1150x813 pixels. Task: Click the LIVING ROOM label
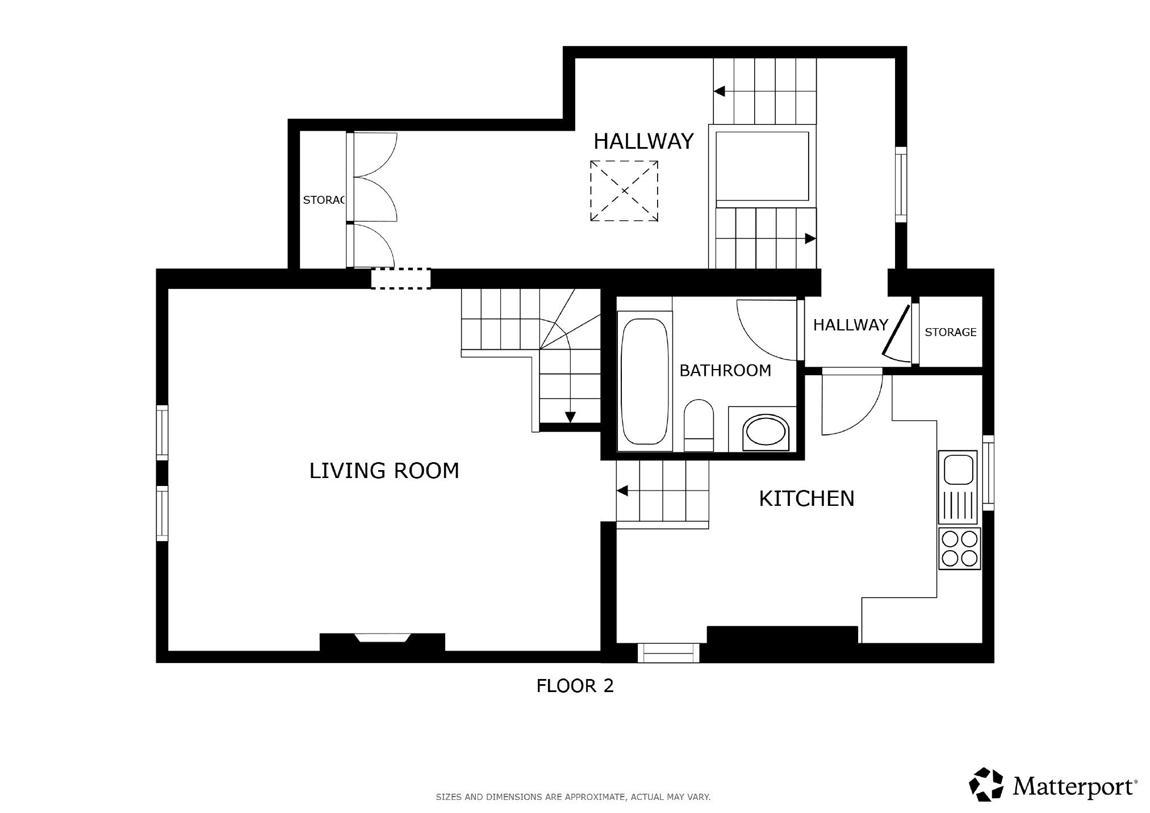click(384, 471)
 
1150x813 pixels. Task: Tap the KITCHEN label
click(806, 498)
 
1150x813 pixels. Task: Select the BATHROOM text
click(725, 371)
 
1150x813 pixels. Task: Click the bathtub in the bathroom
click(644, 382)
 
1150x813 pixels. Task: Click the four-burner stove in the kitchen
click(959, 549)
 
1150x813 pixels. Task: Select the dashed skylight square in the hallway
click(624, 191)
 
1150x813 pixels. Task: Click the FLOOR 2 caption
click(575, 686)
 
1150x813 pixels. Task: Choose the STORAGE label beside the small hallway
click(950, 332)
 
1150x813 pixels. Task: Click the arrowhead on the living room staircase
click(570, 417)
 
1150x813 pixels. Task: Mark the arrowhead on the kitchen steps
click(622, 491)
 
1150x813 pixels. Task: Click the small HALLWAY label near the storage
click(850, 325)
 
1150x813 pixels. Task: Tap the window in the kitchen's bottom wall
click(668, 653)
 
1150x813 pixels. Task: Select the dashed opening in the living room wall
click(401, 279)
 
